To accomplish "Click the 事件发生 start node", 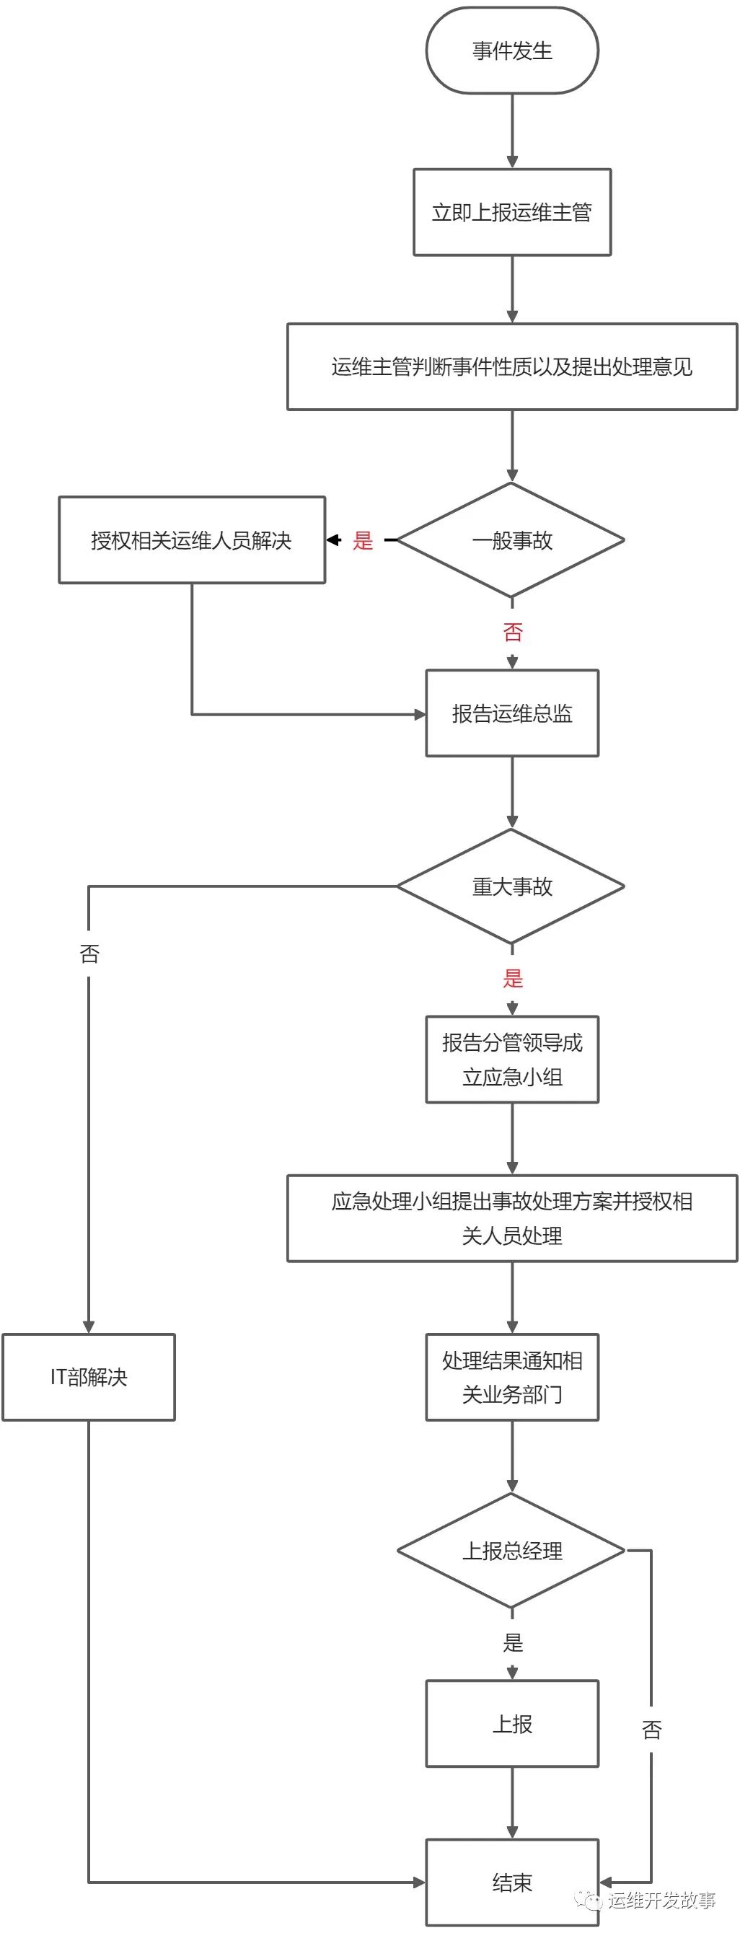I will [x=512, y=51].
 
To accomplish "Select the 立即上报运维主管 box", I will [x=512, y=212].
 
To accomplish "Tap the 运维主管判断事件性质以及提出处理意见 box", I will [x=512, y=367].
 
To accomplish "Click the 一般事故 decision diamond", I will [x=512, y=540].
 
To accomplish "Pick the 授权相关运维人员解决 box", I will [x=191, y=540].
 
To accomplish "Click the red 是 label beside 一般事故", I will [x=364, y=540].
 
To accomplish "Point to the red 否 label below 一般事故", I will [x=513, y=632].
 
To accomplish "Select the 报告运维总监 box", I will [x=512, y=713].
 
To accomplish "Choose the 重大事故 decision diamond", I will [x=512, y=887].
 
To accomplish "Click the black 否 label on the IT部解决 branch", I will [x=89, y=954].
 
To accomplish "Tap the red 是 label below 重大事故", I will [x=513, y=979].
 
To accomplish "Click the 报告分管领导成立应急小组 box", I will [x=512, y=1060].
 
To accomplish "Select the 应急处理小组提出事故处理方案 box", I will [x=512, y=1219].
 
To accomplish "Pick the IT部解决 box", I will [x=89, y=1377].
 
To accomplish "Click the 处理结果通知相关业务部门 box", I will [x=512, y=1377].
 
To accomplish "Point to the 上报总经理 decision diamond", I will [x=512, y=1550].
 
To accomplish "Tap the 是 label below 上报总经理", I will [x=513, y=1642].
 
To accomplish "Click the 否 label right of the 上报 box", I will [x=651, y=1730].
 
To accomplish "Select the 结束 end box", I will [x=512, y=1882].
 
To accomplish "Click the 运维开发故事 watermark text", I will [x=661, y=1900].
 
